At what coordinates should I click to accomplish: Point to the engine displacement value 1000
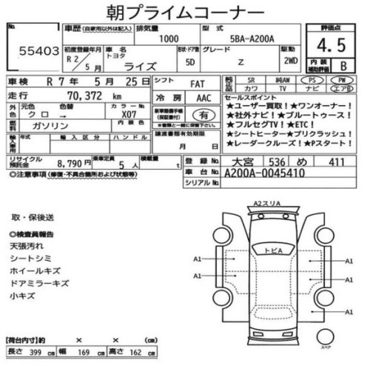[x=169, y=38]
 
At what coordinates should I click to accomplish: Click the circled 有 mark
[x=200, y=116]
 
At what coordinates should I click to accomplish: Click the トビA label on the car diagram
[x=273, y=251]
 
